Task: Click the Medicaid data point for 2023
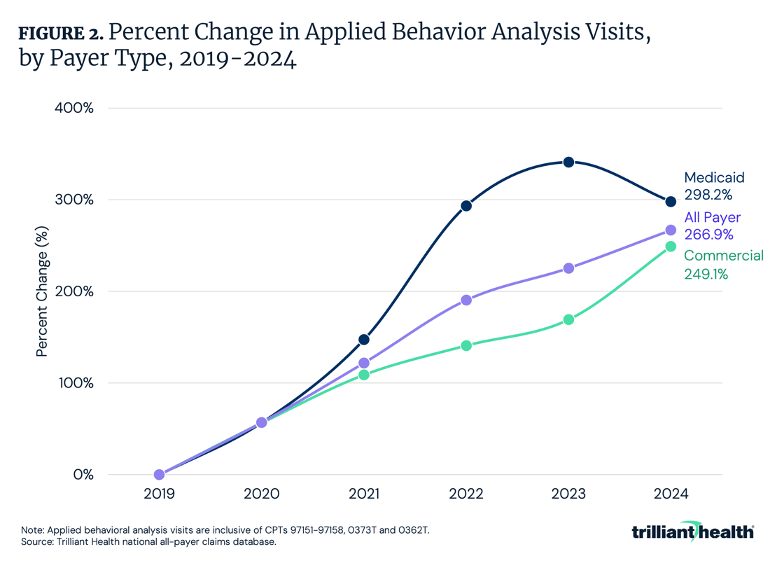coord(568,162)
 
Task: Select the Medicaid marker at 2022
coord(466,206)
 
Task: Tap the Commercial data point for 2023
coord(568,319)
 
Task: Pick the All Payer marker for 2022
coord(466,300)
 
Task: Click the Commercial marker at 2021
coord(364,375)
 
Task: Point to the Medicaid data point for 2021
coord(364,340)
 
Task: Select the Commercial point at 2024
coord(671,247)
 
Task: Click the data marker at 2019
coord(160,475)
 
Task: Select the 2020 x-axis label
coord(261,494)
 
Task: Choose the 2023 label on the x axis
coord(568,494)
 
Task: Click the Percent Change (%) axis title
coord(42,291)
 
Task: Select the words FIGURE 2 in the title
coord(61,33)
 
